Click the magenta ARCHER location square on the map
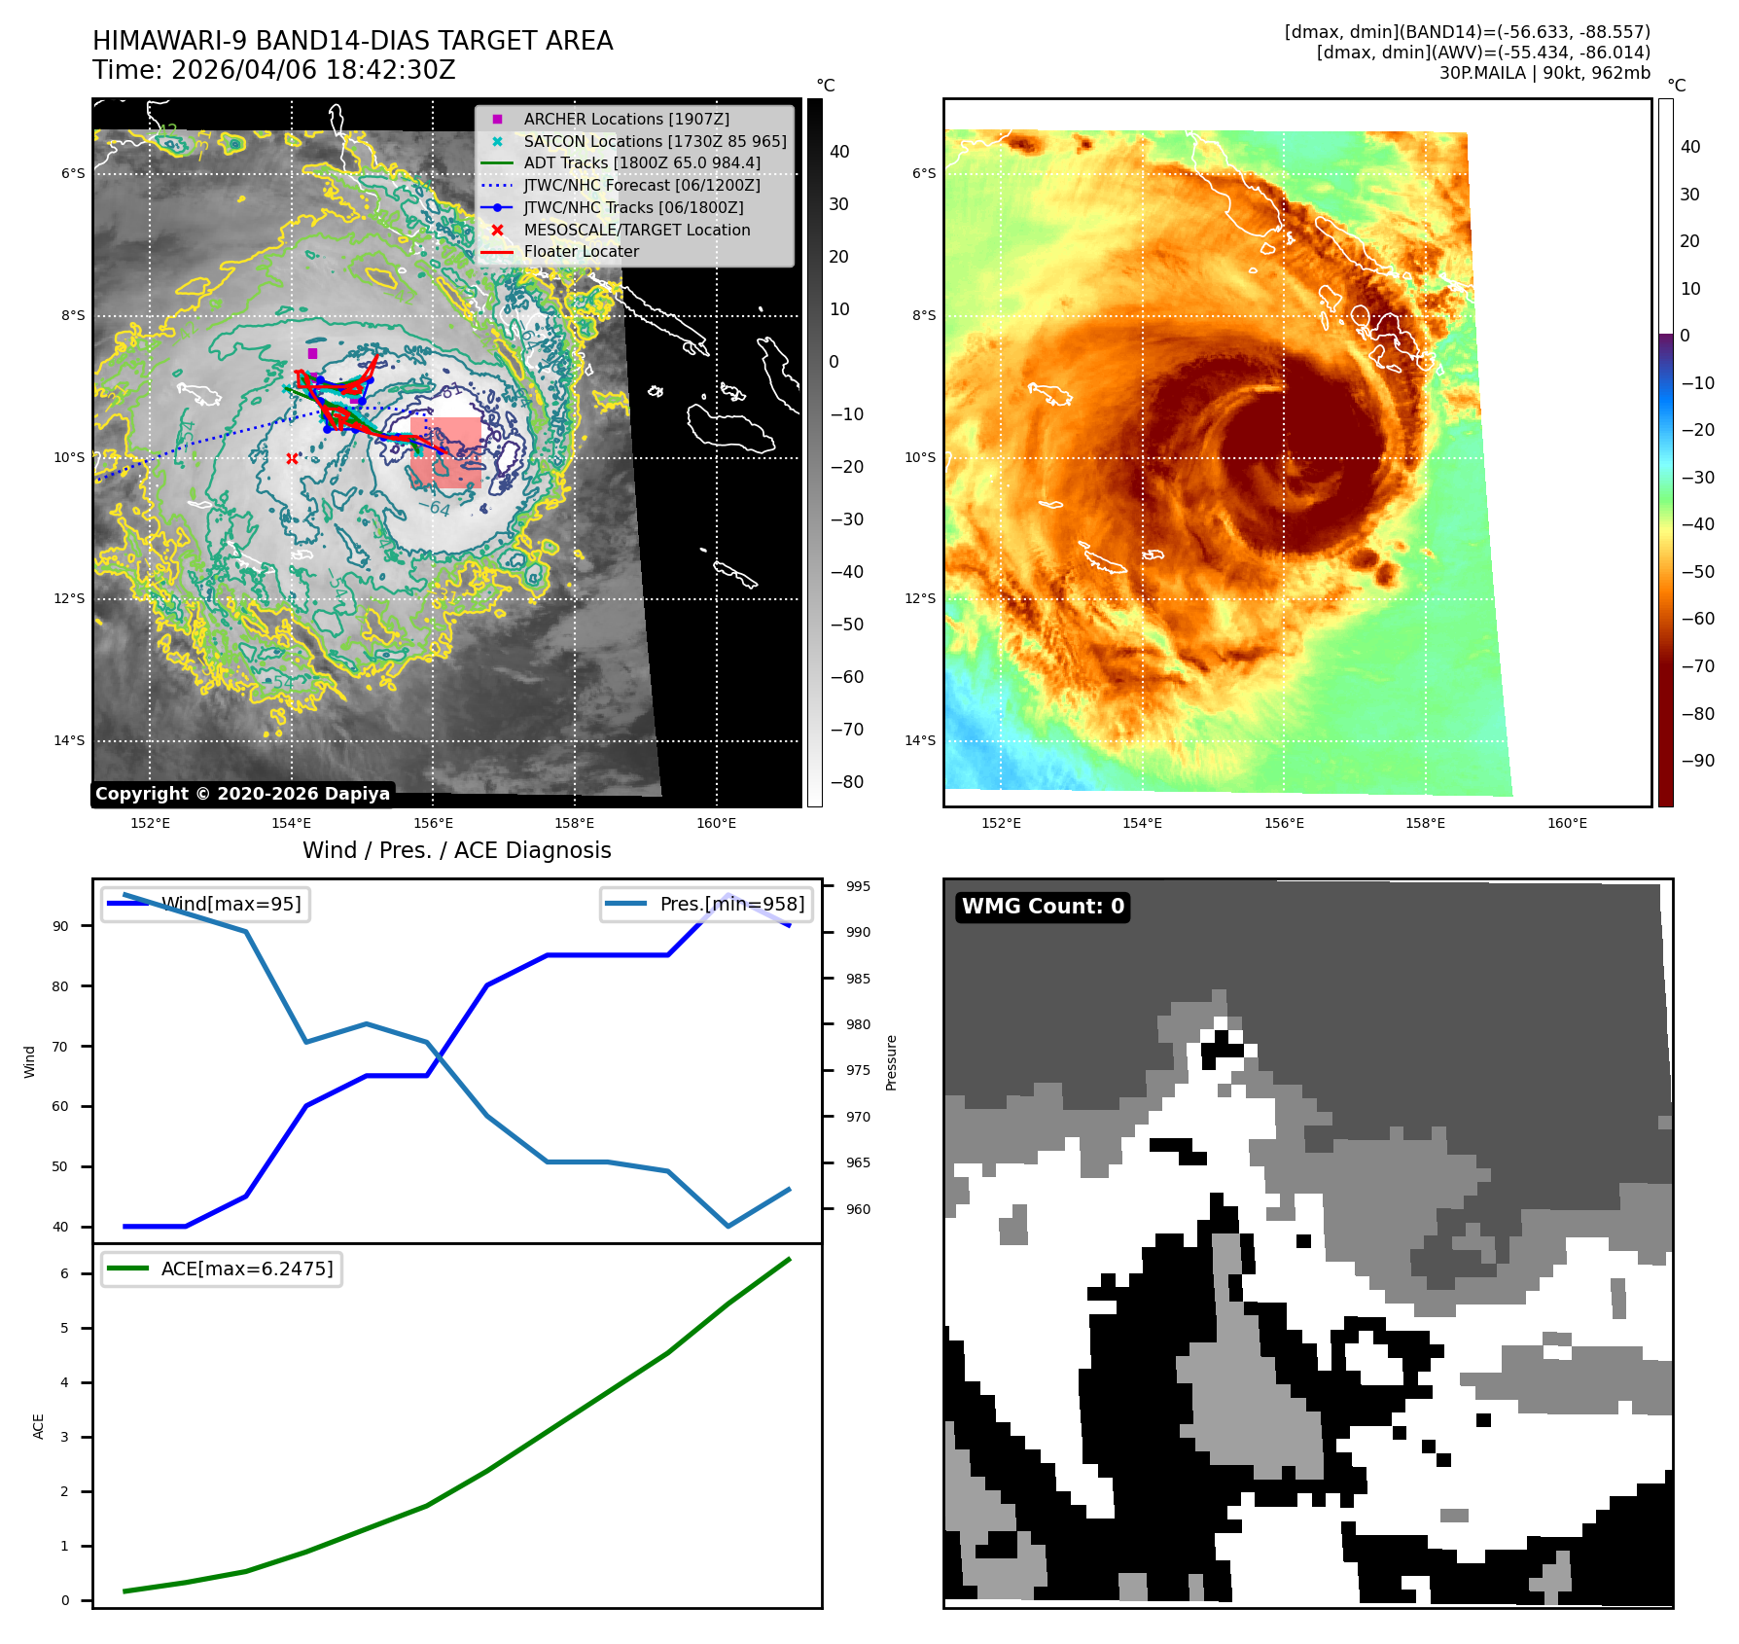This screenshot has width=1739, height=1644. [x=312, y=353]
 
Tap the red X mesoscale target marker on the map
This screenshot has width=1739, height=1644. [x=292, y=458]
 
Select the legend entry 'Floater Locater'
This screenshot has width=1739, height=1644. [x=581, y=252]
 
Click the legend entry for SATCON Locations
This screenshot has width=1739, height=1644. [x=654, y=141]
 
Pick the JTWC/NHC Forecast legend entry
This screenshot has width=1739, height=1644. [x=641, y=185]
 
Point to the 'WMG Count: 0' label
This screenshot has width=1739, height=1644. [x=1043, y=907]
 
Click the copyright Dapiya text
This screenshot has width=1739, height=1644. [x=242, y=794]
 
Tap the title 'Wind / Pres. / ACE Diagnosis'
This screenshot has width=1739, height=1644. [x=456, y=850]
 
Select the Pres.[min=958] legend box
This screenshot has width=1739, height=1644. [x=706, y=904]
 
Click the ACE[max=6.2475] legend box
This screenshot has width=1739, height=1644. [x=222, y=1269]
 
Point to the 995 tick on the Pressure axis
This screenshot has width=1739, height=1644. [x=858, y=886]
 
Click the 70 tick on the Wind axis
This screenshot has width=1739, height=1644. [x=60, y=1047]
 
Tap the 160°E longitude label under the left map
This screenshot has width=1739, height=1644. [x=716, y=823]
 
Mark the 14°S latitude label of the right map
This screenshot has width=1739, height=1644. [x=919, y=740]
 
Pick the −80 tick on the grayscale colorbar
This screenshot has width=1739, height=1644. [x=846, y=782]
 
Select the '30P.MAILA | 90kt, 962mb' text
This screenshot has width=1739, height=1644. [x=1544, y=73]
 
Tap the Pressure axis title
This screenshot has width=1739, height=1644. [x=892, y=1062]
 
